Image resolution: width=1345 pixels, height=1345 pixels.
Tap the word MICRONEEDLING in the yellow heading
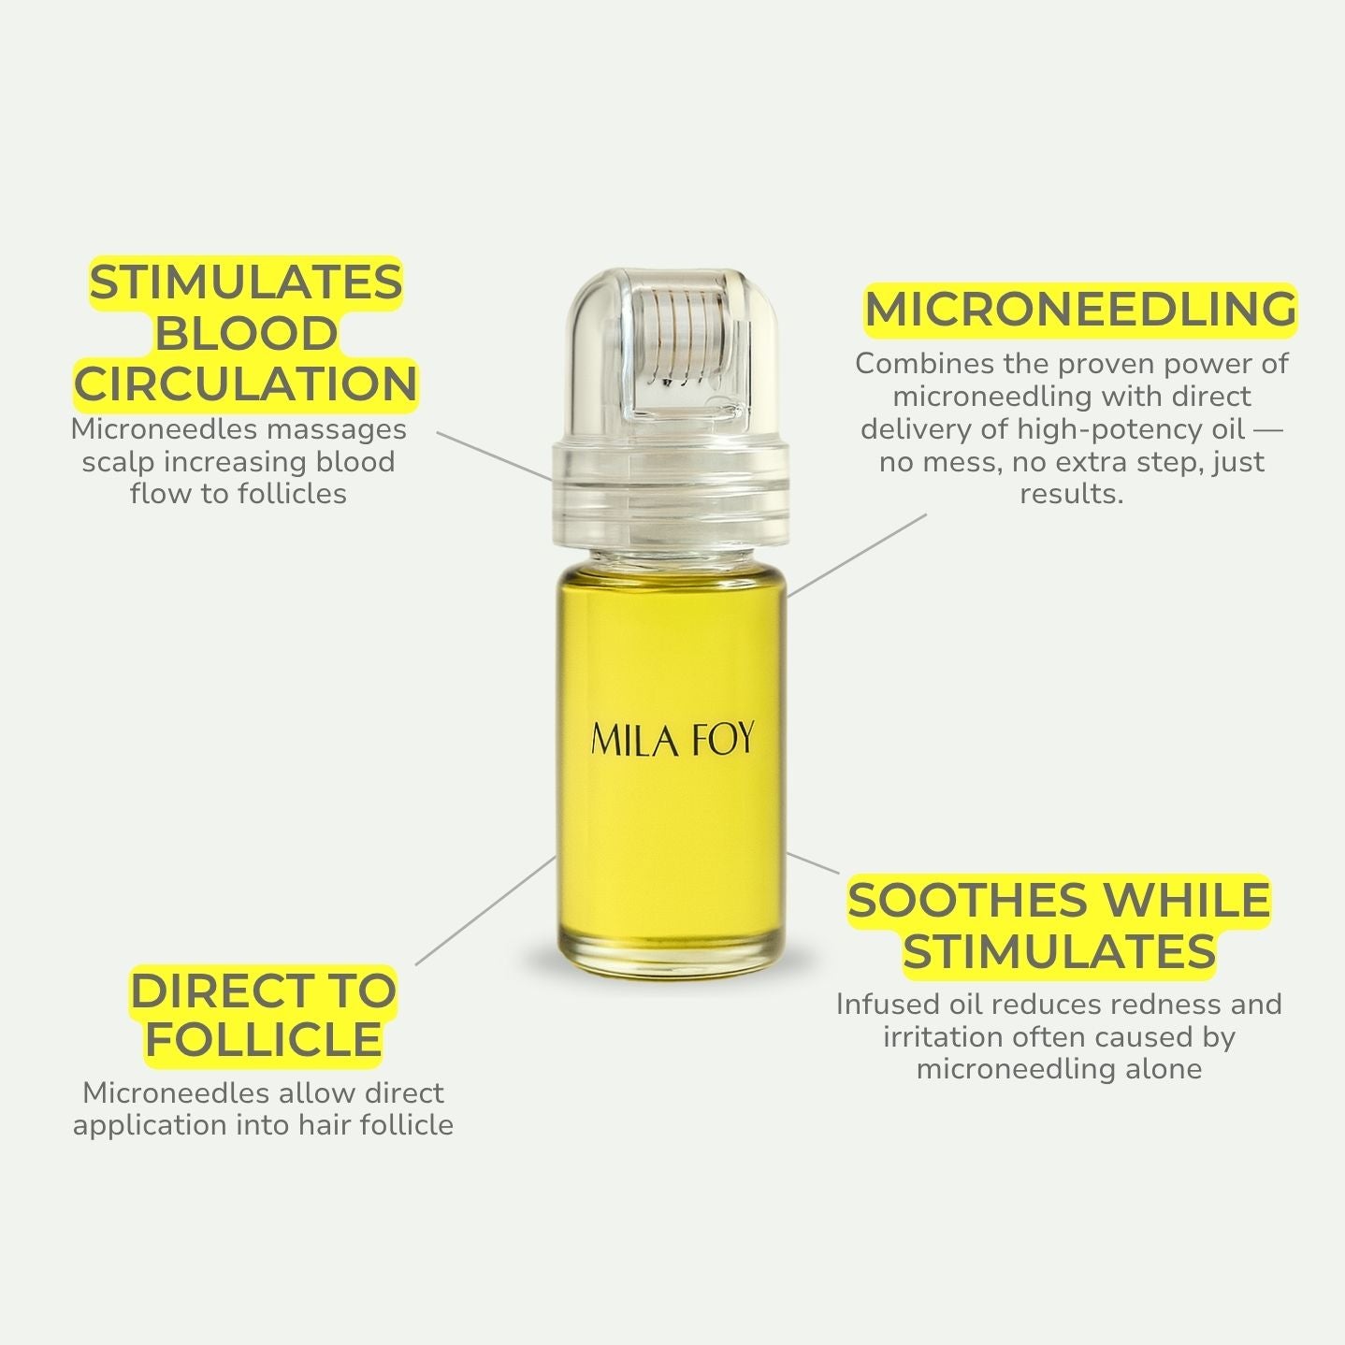1080,310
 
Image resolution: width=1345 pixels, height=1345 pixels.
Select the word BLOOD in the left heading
246,334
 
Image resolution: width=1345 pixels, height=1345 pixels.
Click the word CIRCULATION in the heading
246,384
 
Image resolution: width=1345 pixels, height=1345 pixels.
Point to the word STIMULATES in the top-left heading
246,282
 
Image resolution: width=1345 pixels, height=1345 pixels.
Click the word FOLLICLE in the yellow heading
264,1040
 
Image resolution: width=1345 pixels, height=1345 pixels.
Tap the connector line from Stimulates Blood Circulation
494,456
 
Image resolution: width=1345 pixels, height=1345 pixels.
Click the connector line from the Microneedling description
856,555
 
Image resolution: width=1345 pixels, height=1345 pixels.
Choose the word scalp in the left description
113,462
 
